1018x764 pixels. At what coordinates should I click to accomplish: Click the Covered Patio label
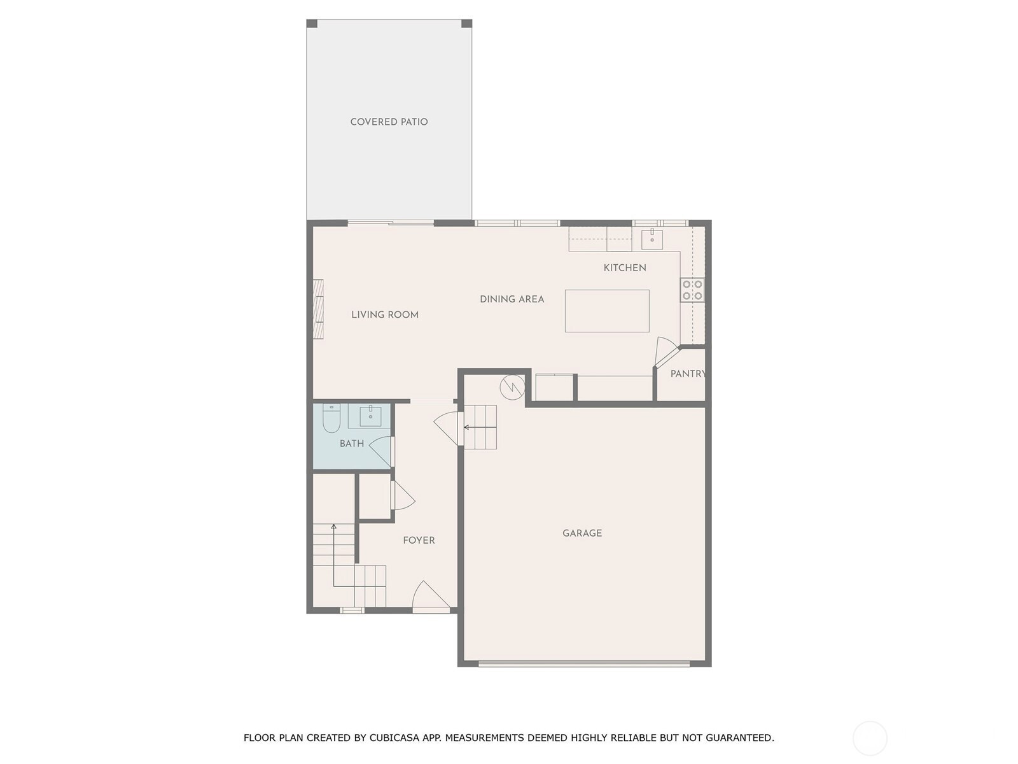(389, 122)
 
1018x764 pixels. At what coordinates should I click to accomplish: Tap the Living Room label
(385, 315)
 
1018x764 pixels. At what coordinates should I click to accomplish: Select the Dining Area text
(512, 300)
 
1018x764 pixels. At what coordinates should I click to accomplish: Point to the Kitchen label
(625, 268)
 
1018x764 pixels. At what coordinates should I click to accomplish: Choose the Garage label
(582, 534)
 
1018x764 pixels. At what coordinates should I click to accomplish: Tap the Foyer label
(419, 541)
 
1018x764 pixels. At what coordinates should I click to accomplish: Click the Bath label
(352, 444)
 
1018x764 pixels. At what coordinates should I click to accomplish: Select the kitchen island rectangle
(607, 311)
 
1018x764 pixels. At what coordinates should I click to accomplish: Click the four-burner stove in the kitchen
(692, 290)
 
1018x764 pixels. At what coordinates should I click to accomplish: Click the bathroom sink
(370, 416)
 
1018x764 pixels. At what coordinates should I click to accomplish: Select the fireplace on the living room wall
(317, 309)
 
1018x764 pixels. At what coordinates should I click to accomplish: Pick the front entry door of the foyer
(430, 597)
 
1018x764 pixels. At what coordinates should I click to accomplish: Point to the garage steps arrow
(480, 427)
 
